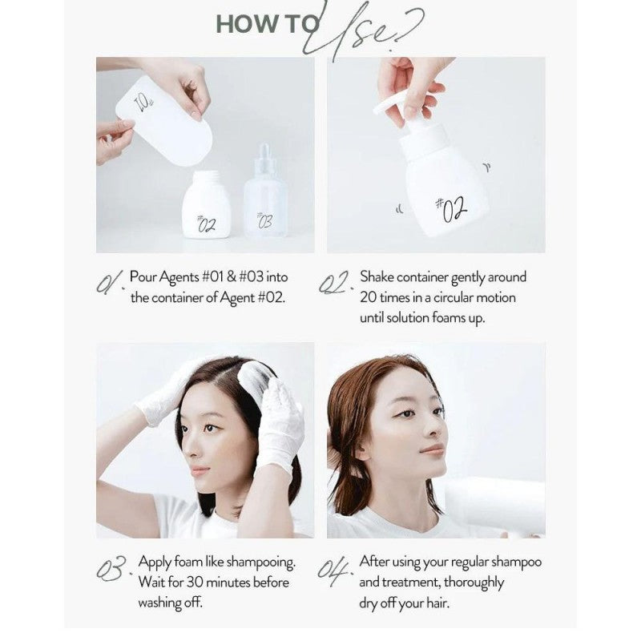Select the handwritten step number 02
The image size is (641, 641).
click(x=335, y=282)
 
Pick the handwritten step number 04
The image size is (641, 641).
click(x=334, y=570)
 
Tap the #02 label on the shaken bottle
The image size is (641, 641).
click(x=452, y=209)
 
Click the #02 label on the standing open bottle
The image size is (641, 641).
click(x=206, y=224)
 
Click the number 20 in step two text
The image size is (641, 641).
click(x=368, y=297)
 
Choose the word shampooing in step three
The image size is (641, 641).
click(x=261, y=563)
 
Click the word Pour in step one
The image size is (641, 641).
click(x=143, y=276)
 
